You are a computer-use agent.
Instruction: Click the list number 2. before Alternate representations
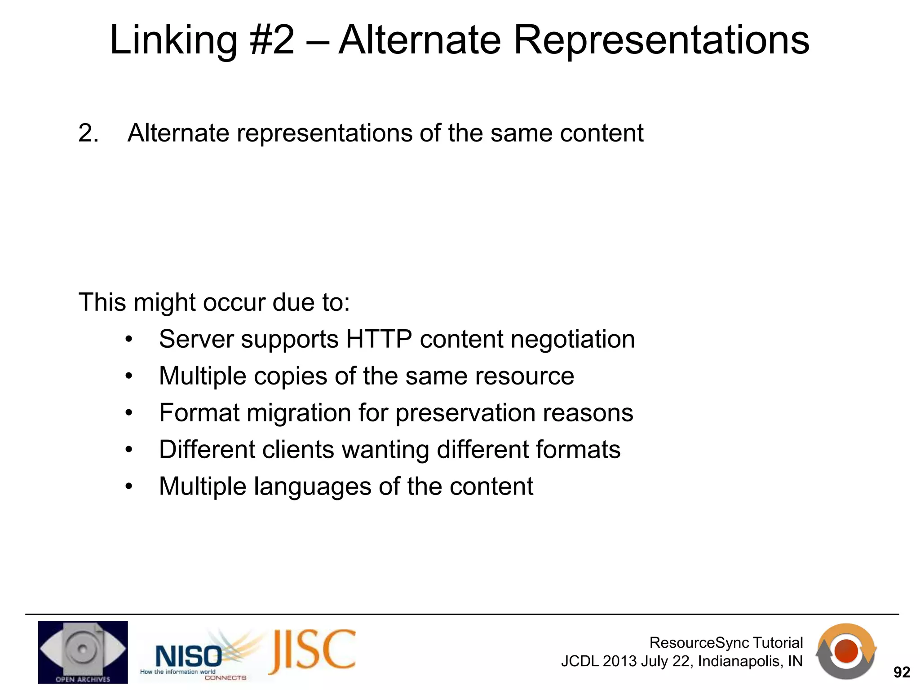point(88,133)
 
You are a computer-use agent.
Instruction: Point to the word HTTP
point(379,339)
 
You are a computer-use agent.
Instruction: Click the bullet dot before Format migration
point(129,413)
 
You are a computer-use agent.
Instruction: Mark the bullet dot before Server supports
point(129,340)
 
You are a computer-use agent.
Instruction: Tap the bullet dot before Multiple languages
point(129,487)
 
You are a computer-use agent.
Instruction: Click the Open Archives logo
point(83,652)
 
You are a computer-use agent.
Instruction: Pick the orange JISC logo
point(313,651)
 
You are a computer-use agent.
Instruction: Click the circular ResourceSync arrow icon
point(846,651)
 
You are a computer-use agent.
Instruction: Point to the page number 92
point(902,672)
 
